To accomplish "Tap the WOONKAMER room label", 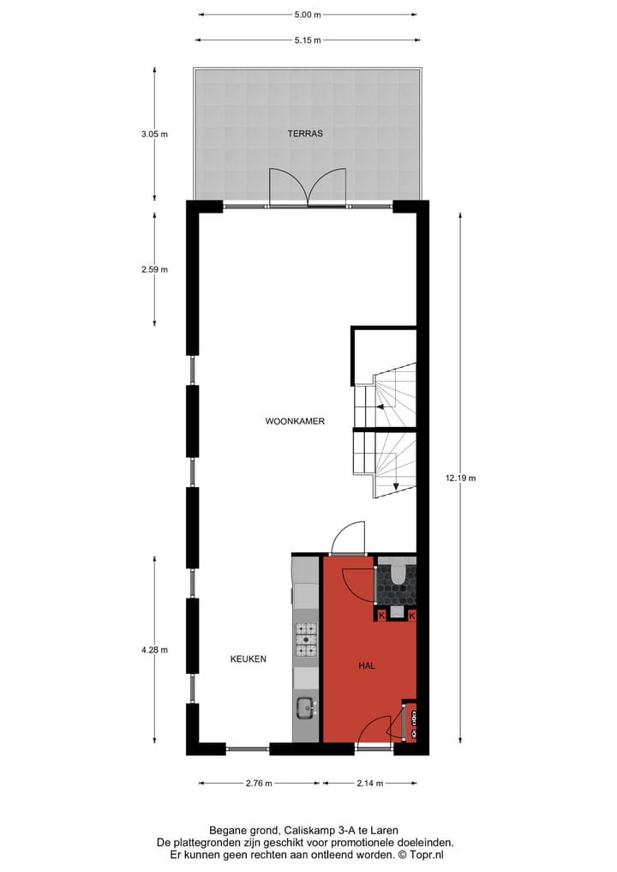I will [295, 421].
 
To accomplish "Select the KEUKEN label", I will [248, 659].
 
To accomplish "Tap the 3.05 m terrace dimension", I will [155, 134].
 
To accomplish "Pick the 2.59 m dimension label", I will [155, 269].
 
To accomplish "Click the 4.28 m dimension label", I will [155, 649].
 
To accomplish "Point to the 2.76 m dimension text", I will [259, 783].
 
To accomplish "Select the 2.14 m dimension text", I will [369, 783].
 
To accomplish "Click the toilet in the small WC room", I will [398, 575].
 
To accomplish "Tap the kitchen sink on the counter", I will [305, 707].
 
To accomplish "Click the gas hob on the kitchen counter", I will [306, 640].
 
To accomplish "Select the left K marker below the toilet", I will [382, 616].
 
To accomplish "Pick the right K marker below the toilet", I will [412, 616].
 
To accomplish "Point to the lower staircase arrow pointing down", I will [396, 487].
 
